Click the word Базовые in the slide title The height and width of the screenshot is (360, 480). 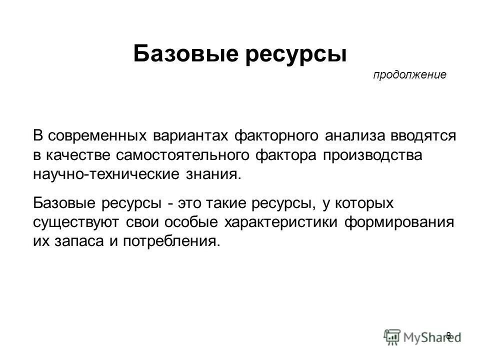pyautogui.click(x=185, y=53)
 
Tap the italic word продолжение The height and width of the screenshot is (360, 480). pyautogui.click(x=409, y=75)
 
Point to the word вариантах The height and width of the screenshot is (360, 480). pyautogui.click(x=187, y=136)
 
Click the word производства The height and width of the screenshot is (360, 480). pyautogui.click(x=372, y=155)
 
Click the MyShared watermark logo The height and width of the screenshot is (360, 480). pyautogui.click(x=422, y=336)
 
